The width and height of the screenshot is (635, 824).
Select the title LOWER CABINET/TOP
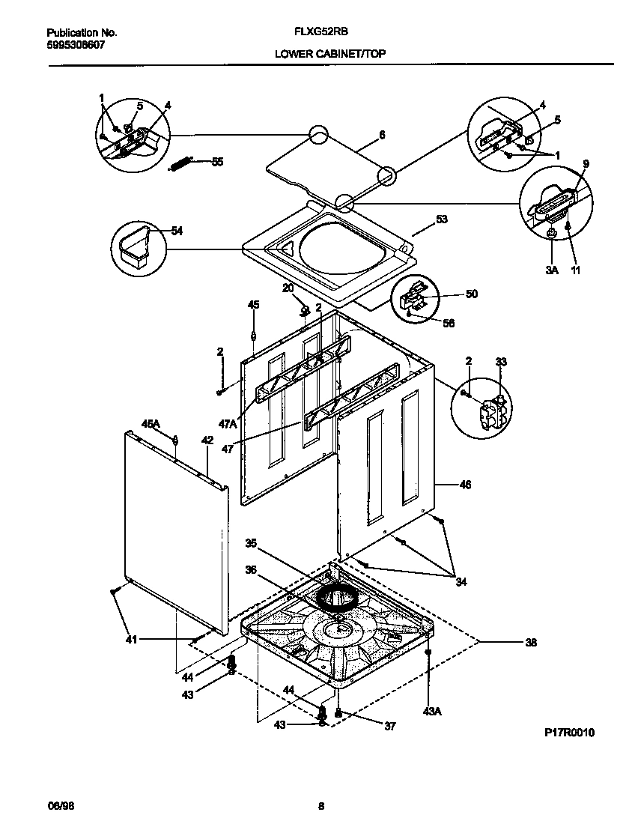pos(330,54)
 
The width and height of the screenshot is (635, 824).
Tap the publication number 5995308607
pos(75,45)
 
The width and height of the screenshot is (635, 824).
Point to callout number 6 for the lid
pos(382,135)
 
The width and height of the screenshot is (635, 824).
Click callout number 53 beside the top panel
pos(441,219)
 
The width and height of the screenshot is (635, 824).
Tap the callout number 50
pos(471,294)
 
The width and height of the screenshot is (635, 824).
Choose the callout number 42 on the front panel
pos(207,440)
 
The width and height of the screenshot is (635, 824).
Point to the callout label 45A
pos(151,424)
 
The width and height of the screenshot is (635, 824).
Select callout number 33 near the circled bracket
pos(501,362)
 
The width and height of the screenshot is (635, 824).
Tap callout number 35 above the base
pos(251,543)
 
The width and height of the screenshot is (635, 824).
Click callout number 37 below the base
pos(390,725)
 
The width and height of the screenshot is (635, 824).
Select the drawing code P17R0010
pos(569,733)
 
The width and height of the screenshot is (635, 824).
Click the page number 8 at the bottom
pos(321,806)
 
